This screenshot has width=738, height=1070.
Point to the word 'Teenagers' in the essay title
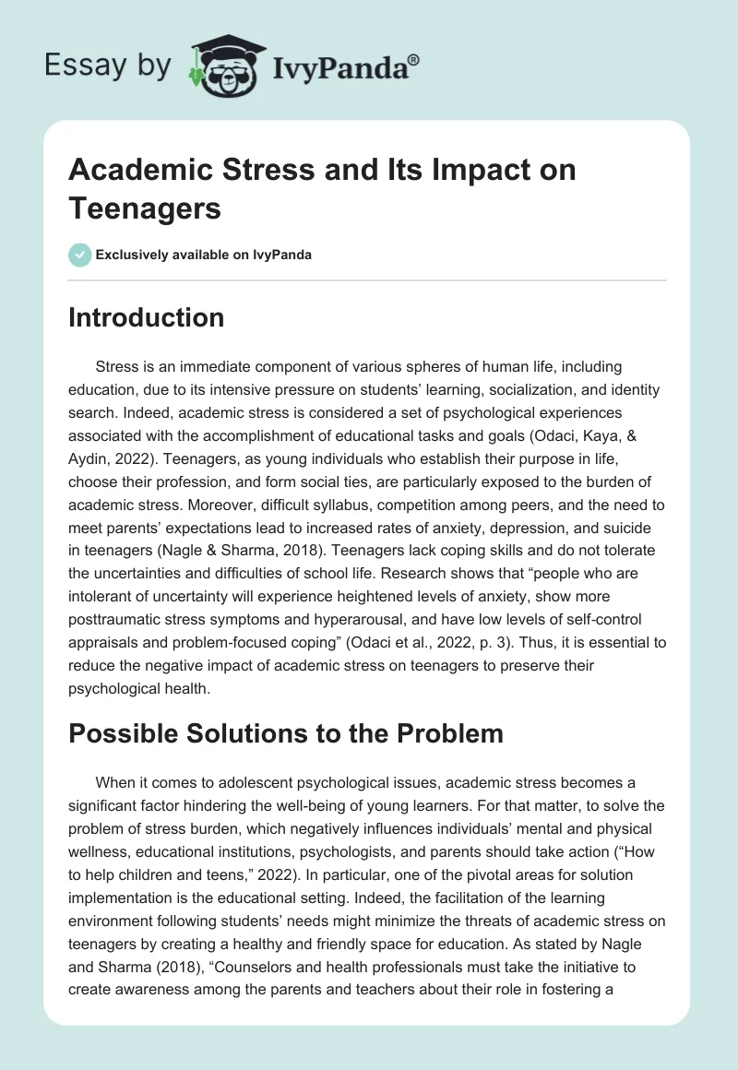tap(145, 208)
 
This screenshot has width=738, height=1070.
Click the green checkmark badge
tap(79, 255)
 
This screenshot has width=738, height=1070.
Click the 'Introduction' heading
tap(146, 317)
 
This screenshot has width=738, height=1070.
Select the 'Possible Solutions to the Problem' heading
tap(286, 733)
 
